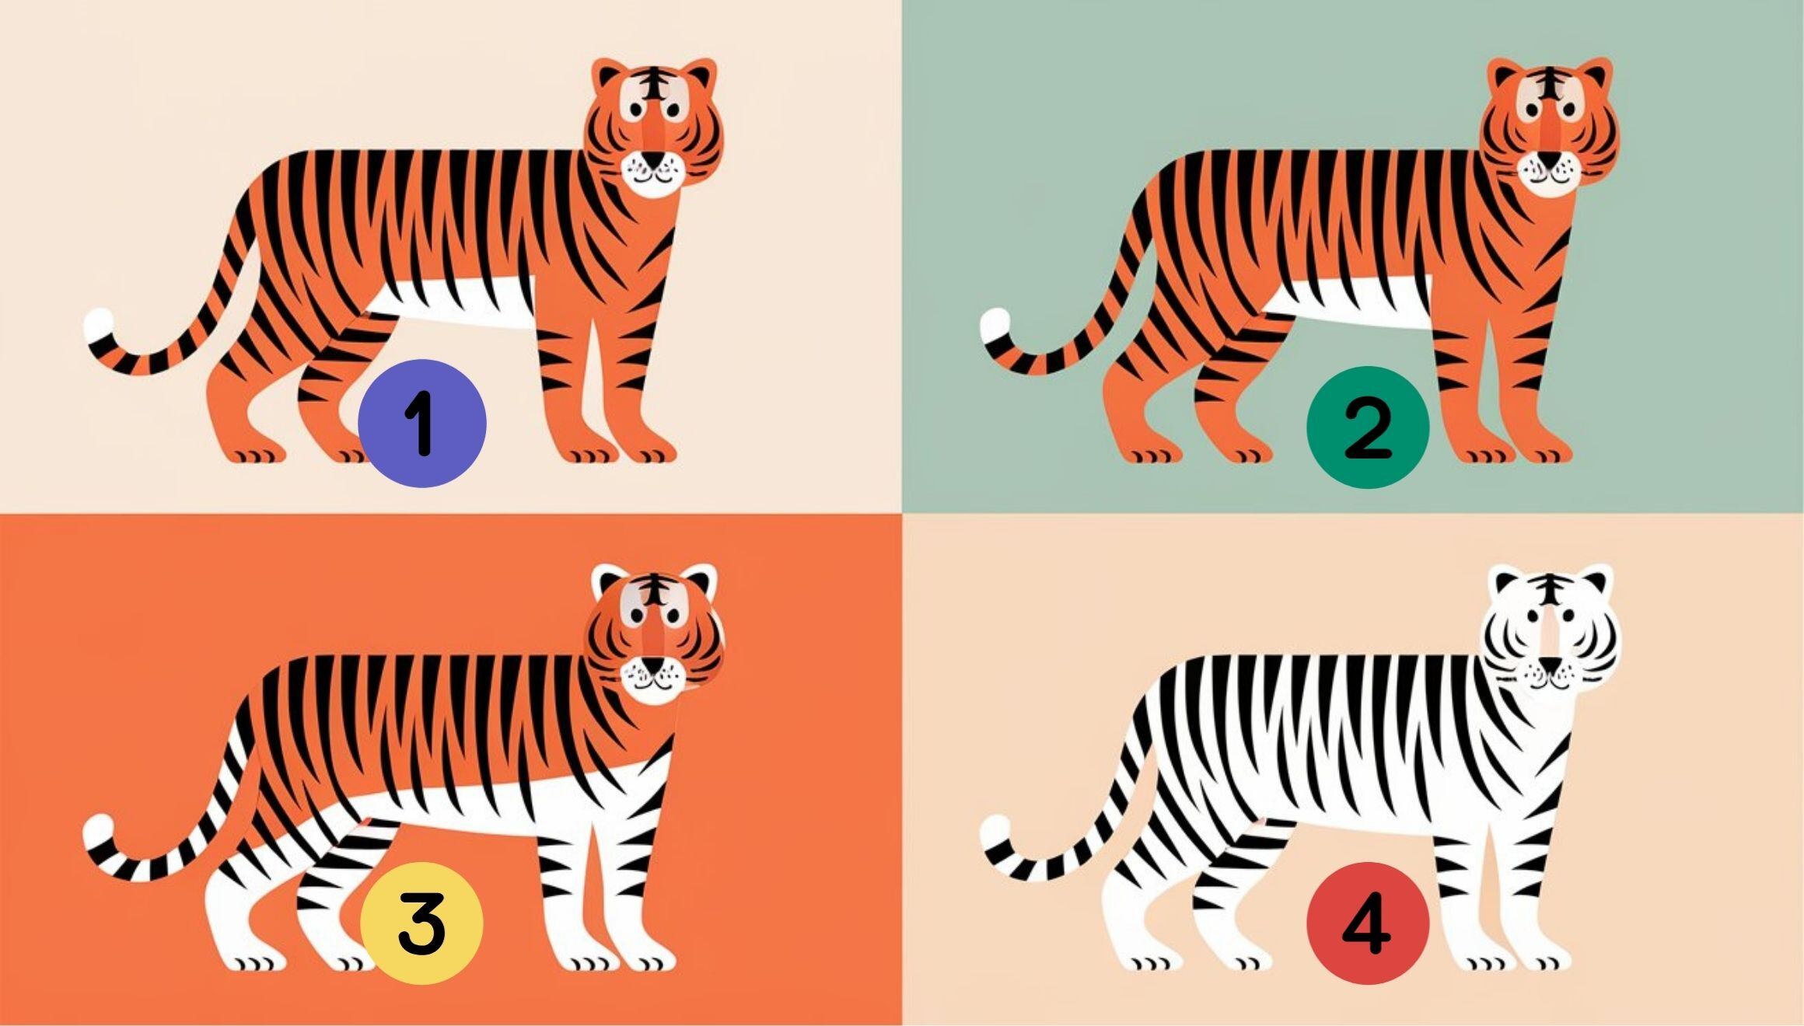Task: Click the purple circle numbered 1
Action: click(422, 424)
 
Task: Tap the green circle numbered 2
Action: click(1368, 427)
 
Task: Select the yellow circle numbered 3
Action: click(421, 923)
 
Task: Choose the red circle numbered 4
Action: click(1368, 923)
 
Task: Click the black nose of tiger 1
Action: click(656, 159)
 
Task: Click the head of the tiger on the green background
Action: click(1550, 127)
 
